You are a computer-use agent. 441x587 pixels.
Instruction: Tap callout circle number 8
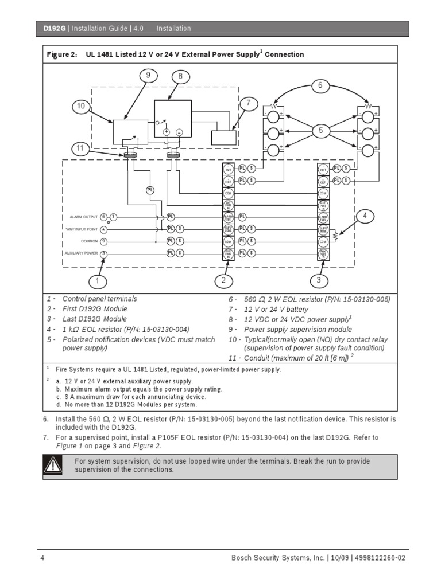(x=180, y=76)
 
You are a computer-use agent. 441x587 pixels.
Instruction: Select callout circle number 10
(x=81, y=106)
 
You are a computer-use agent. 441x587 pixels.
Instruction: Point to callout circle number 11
(x=81, y=148)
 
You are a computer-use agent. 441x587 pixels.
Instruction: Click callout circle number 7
(x=249, y=104)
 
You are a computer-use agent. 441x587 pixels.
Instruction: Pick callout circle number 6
(x=320, y=86)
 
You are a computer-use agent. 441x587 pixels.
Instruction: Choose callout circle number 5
(x=320, y=131)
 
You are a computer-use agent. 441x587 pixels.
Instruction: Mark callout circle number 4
(x=363, y=216)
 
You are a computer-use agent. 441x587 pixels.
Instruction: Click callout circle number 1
(x=98, y=281)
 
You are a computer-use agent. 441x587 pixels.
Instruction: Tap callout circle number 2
(x=223, y=281)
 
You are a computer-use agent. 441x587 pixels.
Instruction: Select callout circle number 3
(x=319, y=281)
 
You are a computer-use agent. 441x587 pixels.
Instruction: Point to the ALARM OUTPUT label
(x=83, y=217)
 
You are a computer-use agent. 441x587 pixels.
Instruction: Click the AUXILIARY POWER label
(x=81, y=253)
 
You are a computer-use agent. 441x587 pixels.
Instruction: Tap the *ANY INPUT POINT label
(x=81, y=229)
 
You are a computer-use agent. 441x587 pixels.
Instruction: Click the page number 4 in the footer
(x=42, y=558)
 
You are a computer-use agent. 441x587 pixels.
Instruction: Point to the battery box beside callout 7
(x=223, y=137)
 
